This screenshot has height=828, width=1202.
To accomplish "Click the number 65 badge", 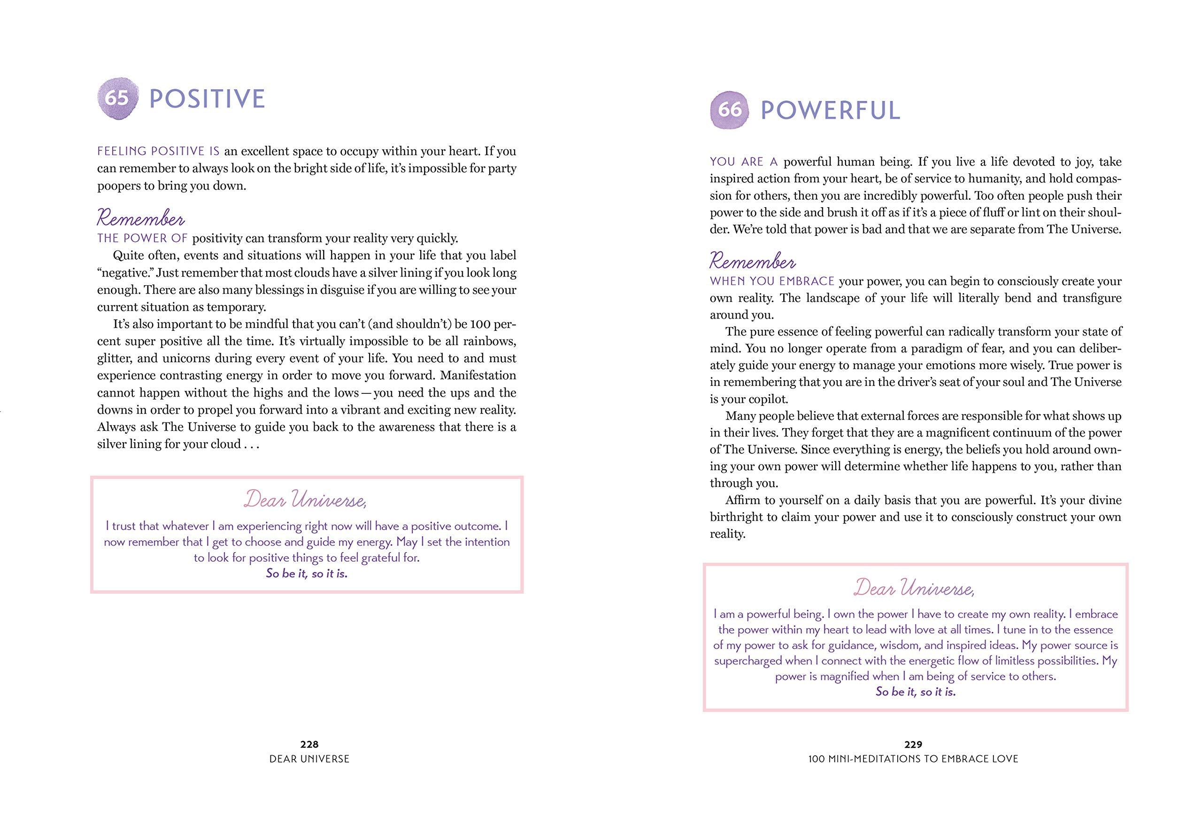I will point(118,99).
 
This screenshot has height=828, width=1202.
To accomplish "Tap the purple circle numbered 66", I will point(730,109).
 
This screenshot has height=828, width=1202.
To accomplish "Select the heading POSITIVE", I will point(207,99).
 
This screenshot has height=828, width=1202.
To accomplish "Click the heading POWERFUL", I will point(830,110).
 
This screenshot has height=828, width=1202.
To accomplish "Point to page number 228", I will point(309,744).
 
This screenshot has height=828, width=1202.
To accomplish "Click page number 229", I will point(913,744).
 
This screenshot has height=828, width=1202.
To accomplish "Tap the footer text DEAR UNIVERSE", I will point(309,759).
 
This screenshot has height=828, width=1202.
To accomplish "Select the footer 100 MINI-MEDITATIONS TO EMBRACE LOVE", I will point(913,759).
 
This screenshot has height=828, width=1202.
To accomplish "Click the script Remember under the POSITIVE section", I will point(140,219).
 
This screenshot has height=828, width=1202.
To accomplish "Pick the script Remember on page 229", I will point(753,261).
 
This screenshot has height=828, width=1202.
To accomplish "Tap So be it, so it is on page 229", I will point(916,692).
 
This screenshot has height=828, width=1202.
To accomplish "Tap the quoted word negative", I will point(124,273).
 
